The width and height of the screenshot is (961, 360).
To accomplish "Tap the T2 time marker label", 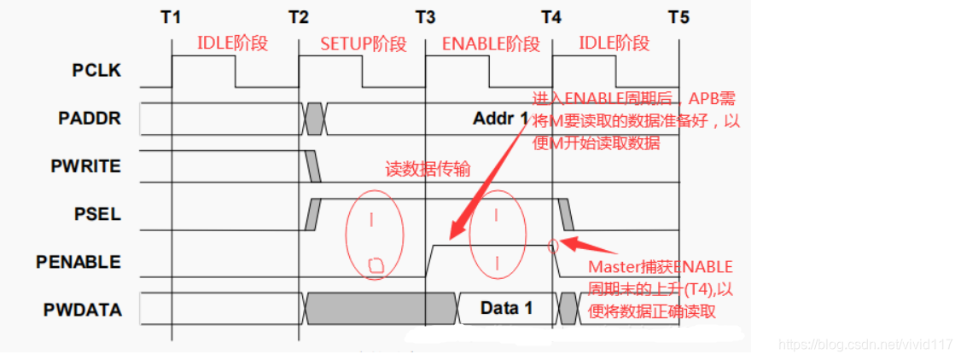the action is pos(298,16).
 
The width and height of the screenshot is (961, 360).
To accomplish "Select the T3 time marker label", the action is pos(425,16).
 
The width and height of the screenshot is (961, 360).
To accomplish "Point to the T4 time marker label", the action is pos(551,16).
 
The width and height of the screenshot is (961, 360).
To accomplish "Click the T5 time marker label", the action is pos(679,16).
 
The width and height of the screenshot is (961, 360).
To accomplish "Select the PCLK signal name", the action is pos(96,71).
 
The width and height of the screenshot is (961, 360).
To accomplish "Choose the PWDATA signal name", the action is pos(83,309).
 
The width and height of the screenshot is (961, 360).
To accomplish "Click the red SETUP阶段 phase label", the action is pos(363,44).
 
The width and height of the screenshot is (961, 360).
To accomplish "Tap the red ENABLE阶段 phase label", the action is pos(491,44).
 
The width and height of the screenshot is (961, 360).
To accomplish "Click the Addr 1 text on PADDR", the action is pos(500,119).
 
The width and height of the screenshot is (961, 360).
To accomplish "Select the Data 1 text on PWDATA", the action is pos(506,308).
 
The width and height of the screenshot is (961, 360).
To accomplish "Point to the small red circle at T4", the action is pos(553,247).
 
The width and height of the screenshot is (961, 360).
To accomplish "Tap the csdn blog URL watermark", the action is pos(865,345).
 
